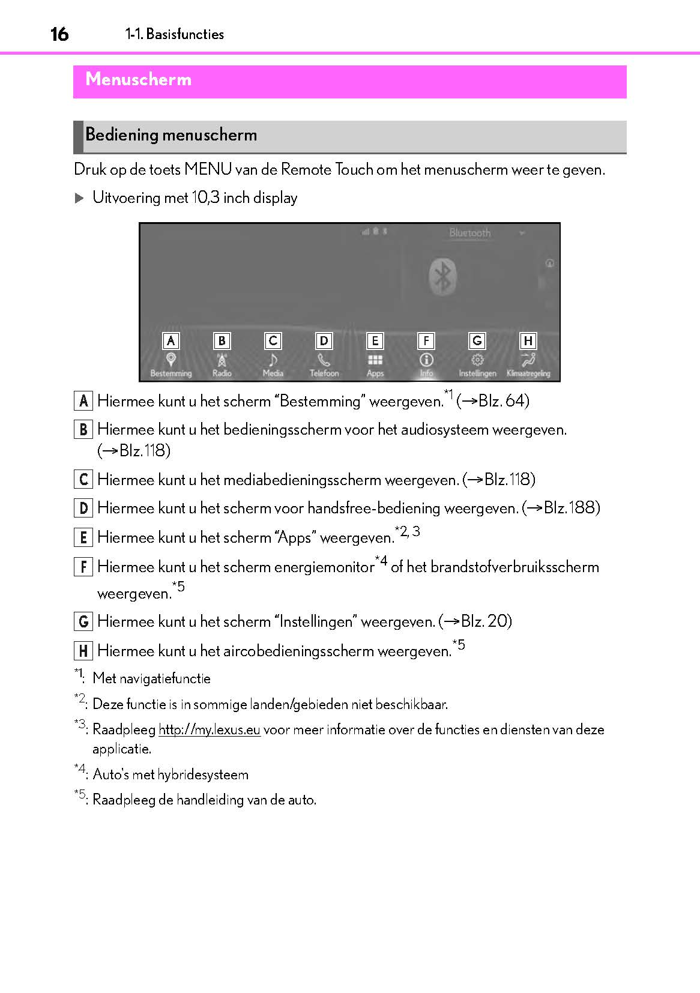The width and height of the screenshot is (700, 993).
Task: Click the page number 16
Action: point(59,34)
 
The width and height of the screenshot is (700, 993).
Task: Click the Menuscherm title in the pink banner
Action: point(138,79)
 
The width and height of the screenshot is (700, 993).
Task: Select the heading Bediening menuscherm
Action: point(171,134)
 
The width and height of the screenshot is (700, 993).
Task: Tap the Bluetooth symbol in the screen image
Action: point(442,277)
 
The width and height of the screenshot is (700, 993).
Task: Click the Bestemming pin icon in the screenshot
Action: point(171,359)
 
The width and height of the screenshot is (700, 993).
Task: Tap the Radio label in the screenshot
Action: point(222,373)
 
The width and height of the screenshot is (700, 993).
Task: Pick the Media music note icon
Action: point(273,360)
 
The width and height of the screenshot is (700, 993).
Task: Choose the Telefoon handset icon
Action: point(324,360)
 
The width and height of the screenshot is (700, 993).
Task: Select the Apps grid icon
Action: point(375,360)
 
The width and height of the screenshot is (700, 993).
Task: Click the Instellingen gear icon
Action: point(477,360)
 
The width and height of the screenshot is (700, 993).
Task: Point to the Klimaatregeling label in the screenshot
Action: point(528,373)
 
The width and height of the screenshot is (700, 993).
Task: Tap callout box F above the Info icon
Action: point(426,341)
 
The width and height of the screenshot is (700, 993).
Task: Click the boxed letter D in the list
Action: point(83,509)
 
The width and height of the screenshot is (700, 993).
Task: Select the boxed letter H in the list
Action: point(83,651)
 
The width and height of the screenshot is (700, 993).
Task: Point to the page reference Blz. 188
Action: point(571,508)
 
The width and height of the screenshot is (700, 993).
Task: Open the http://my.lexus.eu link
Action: point(209,729)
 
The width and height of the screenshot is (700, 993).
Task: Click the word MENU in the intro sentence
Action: point(208,169)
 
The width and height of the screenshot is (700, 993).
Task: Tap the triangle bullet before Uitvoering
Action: point(79,198)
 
